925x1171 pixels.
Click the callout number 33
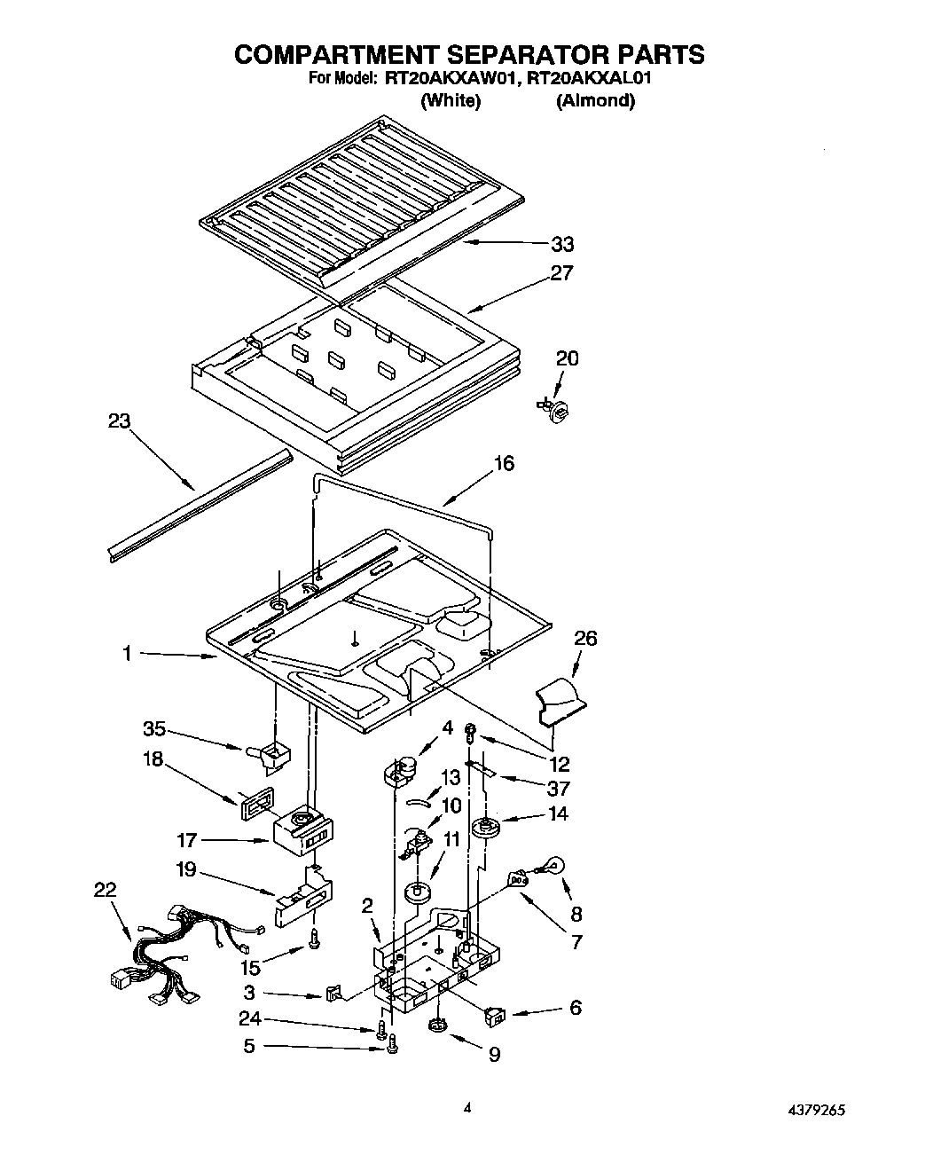point(562,244)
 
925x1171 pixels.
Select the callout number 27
point(562,273)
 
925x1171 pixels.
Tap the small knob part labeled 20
point(556,407)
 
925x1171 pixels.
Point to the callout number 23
point(119,421)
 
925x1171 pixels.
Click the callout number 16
point(504,463)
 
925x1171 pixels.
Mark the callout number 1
point(127,654)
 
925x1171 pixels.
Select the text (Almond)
point(595,100)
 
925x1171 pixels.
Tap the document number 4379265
point(820,1108)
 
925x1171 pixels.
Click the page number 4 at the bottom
point(466,1106)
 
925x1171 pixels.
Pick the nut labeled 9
point(436,1026)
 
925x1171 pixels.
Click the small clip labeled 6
point(496,1015)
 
